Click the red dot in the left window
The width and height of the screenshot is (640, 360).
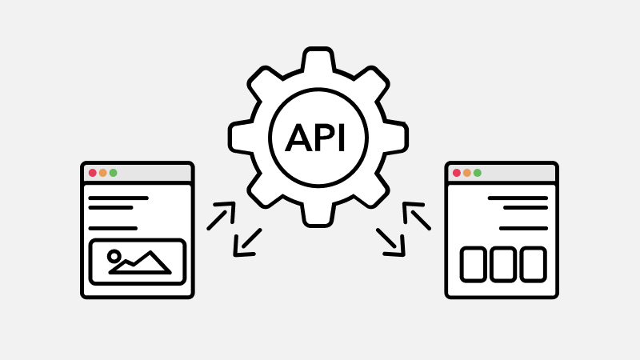tap(93, 173)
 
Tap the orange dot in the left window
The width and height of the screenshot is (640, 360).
tap(103, 173)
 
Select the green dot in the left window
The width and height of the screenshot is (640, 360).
tap(113, 173)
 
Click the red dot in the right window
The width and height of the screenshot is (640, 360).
tap(457, 173)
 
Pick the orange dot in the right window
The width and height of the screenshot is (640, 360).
tap(467, 173)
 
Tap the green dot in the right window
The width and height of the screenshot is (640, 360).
tap(477, 173)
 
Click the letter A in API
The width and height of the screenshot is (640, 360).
tap(298, 138)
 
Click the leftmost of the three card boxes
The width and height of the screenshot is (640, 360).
tap(474, 264)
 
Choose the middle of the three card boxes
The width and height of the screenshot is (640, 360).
tap(503, 264)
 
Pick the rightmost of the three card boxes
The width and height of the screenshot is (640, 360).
tap(533, 264)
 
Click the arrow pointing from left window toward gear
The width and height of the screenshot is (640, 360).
tap(222, 216)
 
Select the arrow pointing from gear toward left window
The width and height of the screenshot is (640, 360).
tap(248, 242)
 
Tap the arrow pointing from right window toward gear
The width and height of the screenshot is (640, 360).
tap(417, 216)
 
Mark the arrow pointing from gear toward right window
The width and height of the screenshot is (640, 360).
tap(390, 242)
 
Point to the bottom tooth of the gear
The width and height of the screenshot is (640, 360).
tap(318, 214)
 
